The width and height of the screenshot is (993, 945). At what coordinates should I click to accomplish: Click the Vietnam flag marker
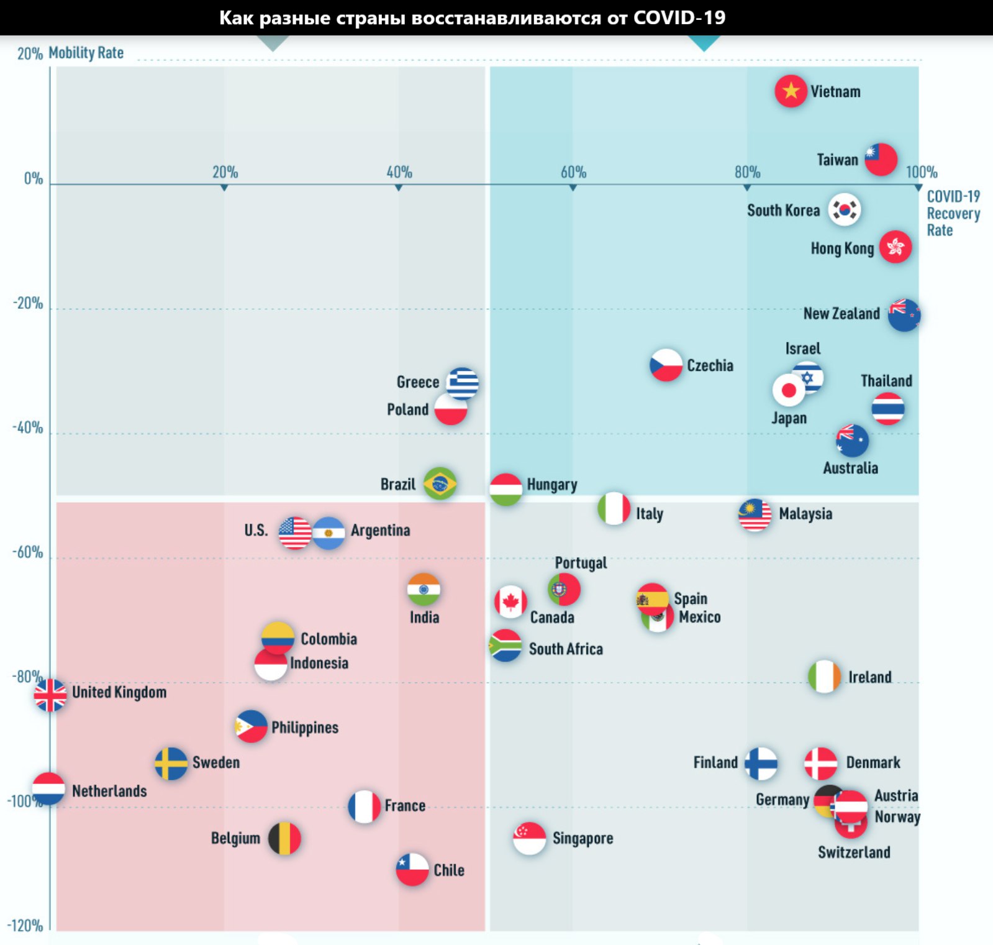point(791,91)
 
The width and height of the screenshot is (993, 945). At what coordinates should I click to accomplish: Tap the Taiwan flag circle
point(881,160)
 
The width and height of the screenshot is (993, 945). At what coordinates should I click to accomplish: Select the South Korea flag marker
point(845,209)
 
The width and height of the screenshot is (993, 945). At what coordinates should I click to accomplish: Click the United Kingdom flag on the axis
point(50,695)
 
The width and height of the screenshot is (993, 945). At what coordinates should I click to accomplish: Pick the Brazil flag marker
point(440,483)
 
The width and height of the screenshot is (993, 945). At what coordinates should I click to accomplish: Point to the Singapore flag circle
point(529,838)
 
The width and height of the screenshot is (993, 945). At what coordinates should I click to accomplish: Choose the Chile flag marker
point(412,869)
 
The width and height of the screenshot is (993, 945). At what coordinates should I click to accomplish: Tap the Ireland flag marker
point(824,677)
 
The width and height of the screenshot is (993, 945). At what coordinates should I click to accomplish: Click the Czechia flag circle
point(666,365)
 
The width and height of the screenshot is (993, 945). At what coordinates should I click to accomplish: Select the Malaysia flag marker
point(755,515)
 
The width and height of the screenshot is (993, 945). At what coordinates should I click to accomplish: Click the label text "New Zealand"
point(841,314)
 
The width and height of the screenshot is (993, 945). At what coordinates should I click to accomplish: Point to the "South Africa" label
point(566,649)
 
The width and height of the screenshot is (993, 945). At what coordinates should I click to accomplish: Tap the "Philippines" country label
point(305,728)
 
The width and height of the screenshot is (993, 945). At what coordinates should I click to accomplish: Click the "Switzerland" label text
point(854,852)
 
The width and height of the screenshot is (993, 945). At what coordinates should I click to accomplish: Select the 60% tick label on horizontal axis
point(573,172)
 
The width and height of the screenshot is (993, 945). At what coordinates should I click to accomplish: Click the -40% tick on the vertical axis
point(28,428)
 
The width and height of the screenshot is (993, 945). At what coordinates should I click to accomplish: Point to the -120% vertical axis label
point(25,926)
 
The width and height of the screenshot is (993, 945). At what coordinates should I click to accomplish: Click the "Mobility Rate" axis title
point(86,53)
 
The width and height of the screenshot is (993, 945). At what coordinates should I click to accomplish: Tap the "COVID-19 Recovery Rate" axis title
point(953,213)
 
